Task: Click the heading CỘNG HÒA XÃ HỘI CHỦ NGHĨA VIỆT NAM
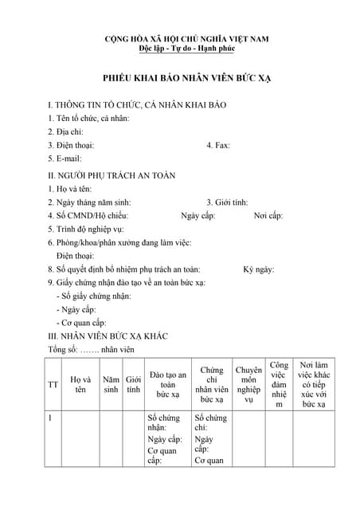coord(187,38)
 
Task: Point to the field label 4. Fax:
coord(217,145)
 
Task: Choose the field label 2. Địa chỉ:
coord(65,131)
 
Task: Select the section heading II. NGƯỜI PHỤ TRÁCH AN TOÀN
coord(112,175)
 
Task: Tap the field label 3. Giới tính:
coord(227,202)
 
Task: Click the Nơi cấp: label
coord(268,216)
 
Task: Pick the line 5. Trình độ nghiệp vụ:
coord(92,229)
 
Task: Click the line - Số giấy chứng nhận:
coord(93,296)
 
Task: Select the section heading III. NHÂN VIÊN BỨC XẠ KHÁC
coord(108,335)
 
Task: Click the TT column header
coord(53,384)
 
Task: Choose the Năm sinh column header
coord(111,384)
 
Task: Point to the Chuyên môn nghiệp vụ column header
coord(248,384)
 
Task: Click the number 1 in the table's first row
coord(50,418)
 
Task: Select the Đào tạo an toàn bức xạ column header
coord(167,384)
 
